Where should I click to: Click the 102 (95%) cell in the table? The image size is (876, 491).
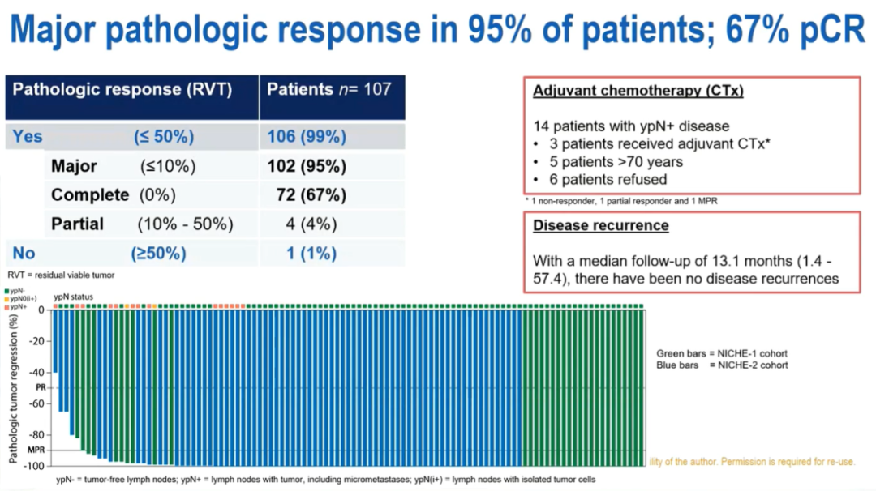307,167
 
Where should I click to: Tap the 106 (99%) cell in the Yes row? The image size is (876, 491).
307,137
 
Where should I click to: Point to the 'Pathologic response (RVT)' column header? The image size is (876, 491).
122,89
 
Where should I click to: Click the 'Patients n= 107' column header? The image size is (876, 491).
329,89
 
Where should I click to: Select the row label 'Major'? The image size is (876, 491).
74,167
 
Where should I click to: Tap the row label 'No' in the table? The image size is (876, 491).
24,254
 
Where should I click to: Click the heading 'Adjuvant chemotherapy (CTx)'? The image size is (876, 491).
638,91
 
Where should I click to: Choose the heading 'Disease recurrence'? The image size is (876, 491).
600,225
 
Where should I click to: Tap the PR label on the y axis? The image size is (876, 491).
39,388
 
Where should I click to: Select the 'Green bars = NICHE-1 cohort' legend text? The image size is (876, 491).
722,353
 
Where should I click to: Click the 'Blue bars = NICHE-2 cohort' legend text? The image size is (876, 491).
722,365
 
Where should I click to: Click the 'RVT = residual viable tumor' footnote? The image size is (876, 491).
62,275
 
